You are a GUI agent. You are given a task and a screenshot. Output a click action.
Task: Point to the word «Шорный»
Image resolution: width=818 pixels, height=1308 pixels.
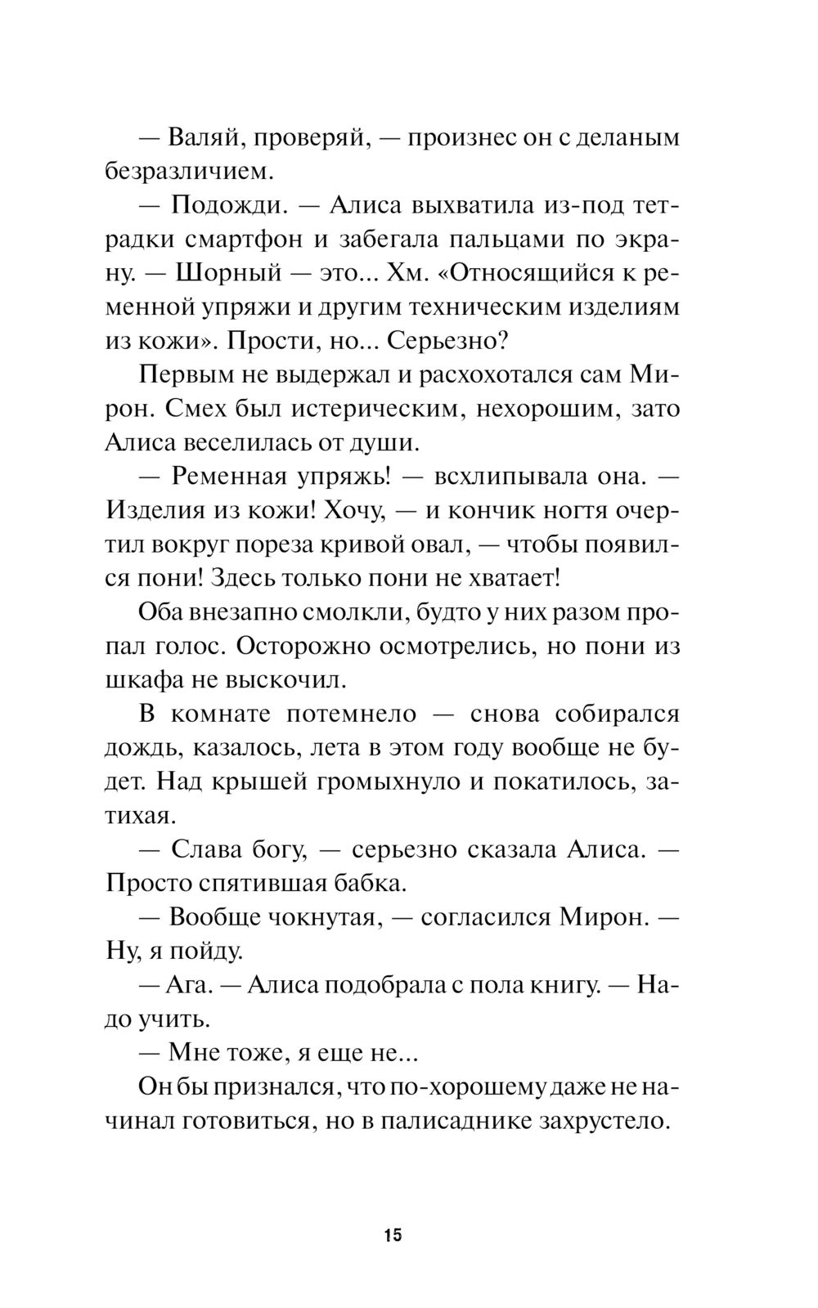coord(218,274)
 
